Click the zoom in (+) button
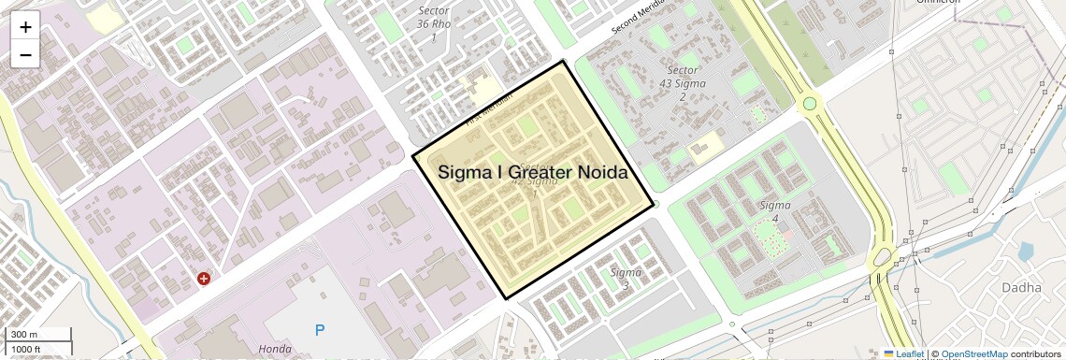pos(25,27)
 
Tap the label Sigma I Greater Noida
pos(532,173)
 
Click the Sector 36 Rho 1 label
pos(433,23)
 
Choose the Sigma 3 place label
pos(626,278)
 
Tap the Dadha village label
pos(1021,288)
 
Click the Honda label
pos(275,349)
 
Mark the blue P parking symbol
pos(320,329)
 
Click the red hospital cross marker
pos(204,278)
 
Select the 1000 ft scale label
pos(26,349)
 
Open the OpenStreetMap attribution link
pos(973,353)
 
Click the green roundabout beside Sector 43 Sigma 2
pos(810,105)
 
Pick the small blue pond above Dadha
pos(1026,251)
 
